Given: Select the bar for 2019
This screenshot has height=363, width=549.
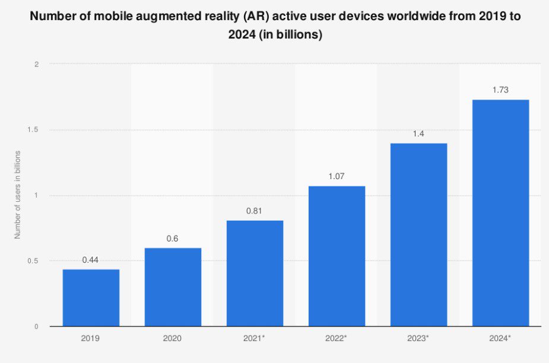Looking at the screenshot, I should point(91,298).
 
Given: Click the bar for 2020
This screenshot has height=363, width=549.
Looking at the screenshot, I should point(173,287).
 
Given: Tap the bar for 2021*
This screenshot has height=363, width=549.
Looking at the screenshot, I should point(255,273).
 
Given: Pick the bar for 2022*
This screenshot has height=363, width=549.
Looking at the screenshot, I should point(337,256).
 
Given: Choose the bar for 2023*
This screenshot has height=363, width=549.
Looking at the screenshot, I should point(418,235).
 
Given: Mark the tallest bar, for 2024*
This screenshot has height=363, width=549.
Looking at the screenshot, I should point(500,213).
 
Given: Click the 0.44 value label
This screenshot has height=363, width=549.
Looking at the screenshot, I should point(91,260).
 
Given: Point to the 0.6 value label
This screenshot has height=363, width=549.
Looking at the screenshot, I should point(173,238).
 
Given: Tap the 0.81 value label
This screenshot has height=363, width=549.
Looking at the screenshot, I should point(255,211).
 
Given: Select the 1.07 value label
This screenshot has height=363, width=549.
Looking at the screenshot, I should point(337,176).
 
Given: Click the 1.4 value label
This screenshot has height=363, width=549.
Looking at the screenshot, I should point(418,133).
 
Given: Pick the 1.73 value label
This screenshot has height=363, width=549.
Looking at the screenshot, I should point(500,90).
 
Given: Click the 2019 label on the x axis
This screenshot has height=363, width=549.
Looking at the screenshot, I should point(91,339).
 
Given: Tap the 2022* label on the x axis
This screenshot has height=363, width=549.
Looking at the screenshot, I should point(337,339).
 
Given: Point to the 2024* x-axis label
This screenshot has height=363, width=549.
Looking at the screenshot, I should point(500,339).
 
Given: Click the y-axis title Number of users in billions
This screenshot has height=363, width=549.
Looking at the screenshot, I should point(18,195).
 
